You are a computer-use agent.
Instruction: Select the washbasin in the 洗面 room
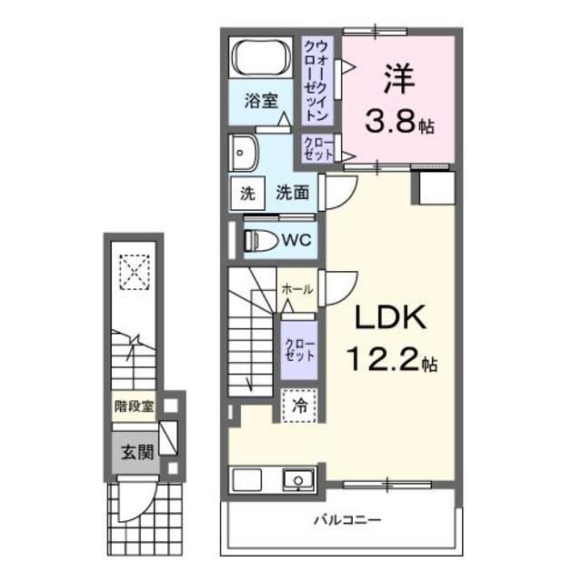[x=243, y=154]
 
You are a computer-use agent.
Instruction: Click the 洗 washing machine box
[x=246, y=194]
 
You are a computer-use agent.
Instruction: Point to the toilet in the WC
[x=262, y=241]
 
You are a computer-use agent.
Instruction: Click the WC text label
[x=296, y=241]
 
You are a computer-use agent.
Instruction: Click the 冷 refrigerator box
[x=297, y=406]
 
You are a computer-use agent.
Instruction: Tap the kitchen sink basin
[x=296, y=480]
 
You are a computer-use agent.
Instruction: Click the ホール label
[x=297, y=289]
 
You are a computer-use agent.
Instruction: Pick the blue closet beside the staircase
[x=298, y=348]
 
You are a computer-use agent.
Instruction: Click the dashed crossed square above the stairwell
[x=134, y=269]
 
